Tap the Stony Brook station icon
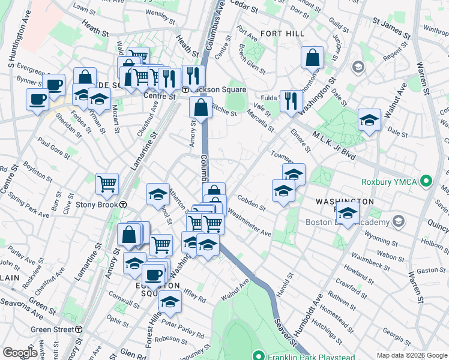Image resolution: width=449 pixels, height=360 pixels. [122, 204]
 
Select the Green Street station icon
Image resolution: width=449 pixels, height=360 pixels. [79, 329]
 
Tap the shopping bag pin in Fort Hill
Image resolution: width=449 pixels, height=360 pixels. [312, 58]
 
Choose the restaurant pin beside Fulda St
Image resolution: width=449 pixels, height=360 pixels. [291, 101]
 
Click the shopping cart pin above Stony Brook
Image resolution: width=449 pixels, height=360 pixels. [107, 184]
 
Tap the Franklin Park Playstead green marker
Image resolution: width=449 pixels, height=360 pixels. [259, 355]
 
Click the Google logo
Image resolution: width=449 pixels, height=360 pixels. [20, 353]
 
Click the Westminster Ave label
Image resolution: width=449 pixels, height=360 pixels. [249, 225]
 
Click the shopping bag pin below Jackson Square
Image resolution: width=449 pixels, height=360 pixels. [200, 108]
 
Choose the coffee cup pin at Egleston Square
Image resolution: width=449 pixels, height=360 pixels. [154, 275]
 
